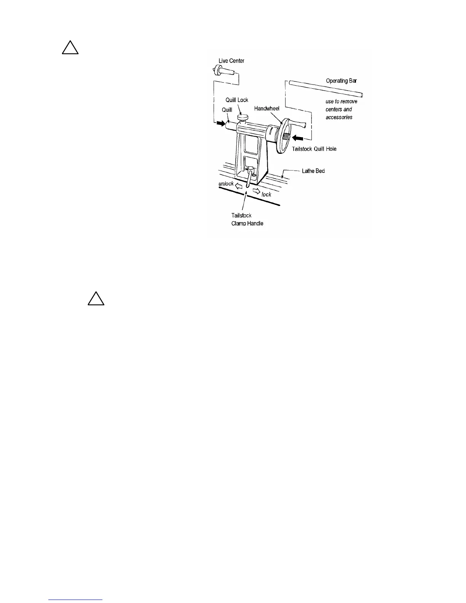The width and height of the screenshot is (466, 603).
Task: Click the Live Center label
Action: [x=231, y=61]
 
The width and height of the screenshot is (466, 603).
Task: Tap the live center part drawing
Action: [x=222, y=71]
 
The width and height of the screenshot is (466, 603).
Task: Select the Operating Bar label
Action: [x=341, y=81]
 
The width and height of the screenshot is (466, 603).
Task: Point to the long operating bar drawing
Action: [x=326, y=88]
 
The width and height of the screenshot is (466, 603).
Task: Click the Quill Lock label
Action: [x=237, y=100]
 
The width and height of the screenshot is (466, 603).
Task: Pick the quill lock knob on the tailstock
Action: [x=242, y=117]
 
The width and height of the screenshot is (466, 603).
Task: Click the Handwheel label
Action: [x=267, y=108]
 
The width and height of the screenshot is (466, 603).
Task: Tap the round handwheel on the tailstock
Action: [x=283, y=135]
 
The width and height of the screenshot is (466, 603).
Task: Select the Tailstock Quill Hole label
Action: [x=314, y=149]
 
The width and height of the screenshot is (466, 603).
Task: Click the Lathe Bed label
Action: [x=313, y=171]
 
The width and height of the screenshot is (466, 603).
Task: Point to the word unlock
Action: [x=226, y=184]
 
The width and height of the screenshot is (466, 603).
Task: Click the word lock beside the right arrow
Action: [x=266, y=195]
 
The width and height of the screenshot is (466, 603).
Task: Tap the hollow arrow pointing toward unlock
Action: [x=239, y=186]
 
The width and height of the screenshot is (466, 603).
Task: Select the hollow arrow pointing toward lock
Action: [x=256, y=190]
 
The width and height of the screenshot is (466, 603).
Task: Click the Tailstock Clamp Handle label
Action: [x=247, y=219]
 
